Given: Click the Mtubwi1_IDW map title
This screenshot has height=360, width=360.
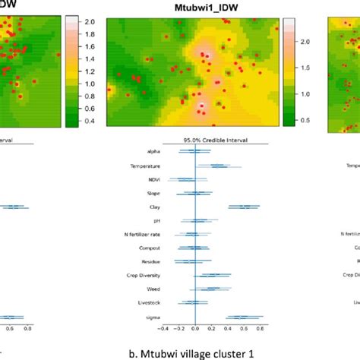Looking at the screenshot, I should click(200, 7).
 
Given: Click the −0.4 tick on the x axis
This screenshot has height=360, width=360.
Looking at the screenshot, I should click(163, 330).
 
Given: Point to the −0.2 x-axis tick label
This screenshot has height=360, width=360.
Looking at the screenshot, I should click(179, 330).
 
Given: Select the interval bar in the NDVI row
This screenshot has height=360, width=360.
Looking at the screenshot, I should click(182, 179).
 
